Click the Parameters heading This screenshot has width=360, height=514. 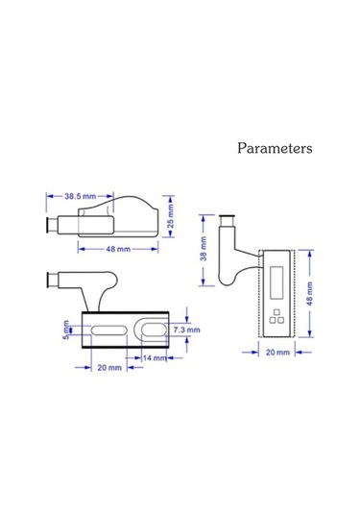tap(275, 148)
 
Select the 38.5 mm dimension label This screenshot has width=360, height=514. tap(81, 196)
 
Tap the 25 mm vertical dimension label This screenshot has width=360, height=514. tap(170, 216)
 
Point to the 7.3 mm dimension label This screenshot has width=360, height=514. tap(186, 330)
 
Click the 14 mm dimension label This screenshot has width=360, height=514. tap(155, 357)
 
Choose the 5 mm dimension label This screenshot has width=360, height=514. tap(66, 330)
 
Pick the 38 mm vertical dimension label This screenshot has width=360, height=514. tap(204, 249)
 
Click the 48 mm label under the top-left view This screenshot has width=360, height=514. tap(118, 249)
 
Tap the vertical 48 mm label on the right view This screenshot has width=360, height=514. tap(309, 294)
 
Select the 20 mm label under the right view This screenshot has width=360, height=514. tap(277, 353)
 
